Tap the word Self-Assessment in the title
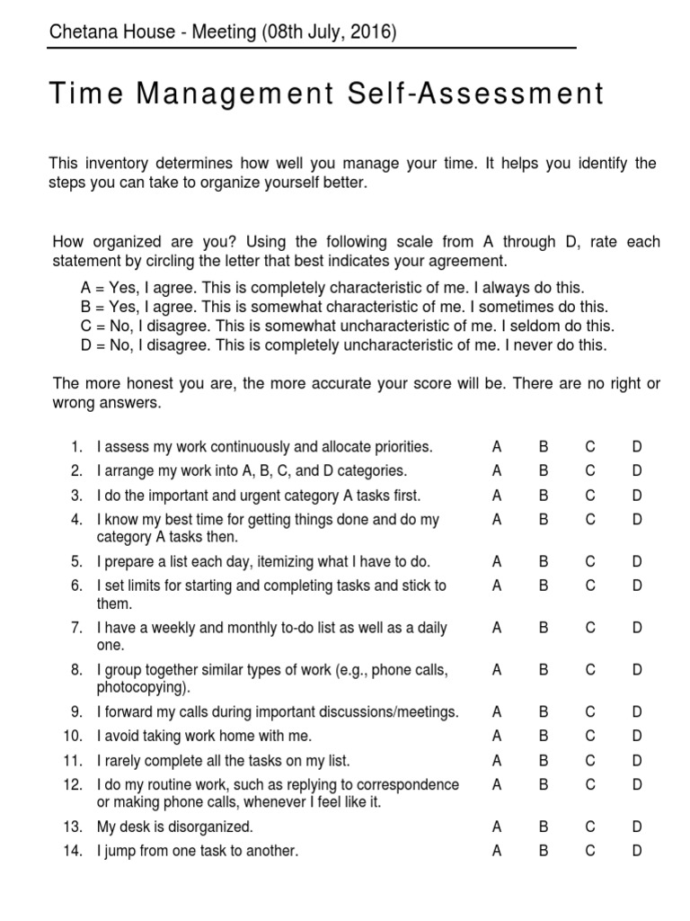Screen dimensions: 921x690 click(x=481, y=94)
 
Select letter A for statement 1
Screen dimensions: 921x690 click(x=496, y=447)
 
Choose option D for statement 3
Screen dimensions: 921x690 click(x=637, y=496)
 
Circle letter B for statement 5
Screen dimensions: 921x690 click(x=544, y=562)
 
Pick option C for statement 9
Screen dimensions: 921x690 click(x=590, y=712)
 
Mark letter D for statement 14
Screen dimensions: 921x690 click(x=637, y=851)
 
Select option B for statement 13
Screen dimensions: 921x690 click(x=544, y=827)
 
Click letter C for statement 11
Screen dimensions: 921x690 click(x=590, y=761)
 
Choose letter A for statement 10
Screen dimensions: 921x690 click(x=496, y=737)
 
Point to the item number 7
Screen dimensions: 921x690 click(x=76, y=628)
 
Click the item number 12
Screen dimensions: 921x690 click(x=73, y=785)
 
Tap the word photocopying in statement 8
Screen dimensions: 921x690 click(x=142, y=688)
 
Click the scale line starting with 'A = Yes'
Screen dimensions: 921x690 click(x=332, y=288)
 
